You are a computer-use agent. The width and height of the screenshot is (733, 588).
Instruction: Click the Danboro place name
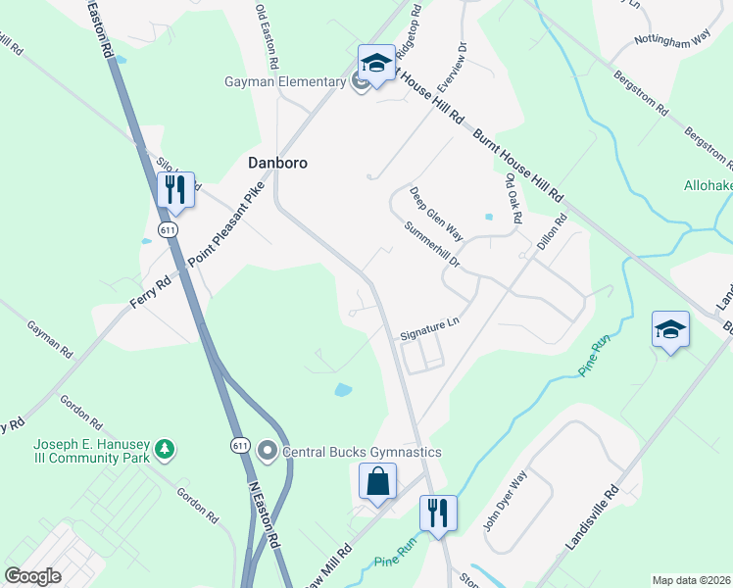tap(276, 163)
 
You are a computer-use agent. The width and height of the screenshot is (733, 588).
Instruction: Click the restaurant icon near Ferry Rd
tap(174, 189)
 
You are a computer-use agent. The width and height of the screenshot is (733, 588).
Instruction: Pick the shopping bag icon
tap(377, 482)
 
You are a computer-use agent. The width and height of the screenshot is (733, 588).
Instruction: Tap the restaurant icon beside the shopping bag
tap(438, 513)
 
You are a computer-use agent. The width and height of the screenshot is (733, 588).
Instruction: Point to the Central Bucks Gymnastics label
tap(362, 452)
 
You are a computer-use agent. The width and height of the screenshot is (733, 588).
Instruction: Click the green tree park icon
tap(167, 449)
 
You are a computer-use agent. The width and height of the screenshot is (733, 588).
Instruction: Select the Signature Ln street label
tap(429, 328)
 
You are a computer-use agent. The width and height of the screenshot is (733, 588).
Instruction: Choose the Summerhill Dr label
tap(431, 245)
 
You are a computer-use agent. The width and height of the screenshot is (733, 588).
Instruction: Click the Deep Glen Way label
tap(436, 215)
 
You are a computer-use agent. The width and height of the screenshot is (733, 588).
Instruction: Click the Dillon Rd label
tap(553, 235)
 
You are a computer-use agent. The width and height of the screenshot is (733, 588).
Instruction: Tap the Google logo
tap(33, 576)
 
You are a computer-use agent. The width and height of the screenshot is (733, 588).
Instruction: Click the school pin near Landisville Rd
tap(671, 330)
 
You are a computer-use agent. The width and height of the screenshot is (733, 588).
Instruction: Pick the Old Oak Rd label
tap(513, 199)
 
